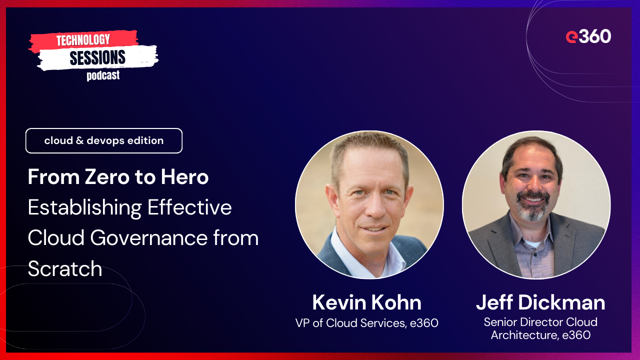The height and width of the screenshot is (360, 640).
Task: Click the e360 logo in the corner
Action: click(588, 36)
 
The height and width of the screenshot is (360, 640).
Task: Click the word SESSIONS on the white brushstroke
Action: click(97, 58)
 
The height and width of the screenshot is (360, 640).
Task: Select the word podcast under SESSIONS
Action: click(103, 76)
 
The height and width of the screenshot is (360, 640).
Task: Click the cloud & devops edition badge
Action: click(104, 141)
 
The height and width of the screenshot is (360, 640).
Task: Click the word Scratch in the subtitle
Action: click(65, 269)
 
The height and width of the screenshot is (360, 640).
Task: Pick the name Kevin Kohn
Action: click(366, 302)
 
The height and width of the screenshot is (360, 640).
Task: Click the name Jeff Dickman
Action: click(540, 302)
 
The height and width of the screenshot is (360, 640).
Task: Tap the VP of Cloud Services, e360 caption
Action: click(366, 323)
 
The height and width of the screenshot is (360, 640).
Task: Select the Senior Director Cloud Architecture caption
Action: click(540, 328)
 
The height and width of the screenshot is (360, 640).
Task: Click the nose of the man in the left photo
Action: click(368, 205)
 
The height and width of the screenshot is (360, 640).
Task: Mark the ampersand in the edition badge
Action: click(79, 141)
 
